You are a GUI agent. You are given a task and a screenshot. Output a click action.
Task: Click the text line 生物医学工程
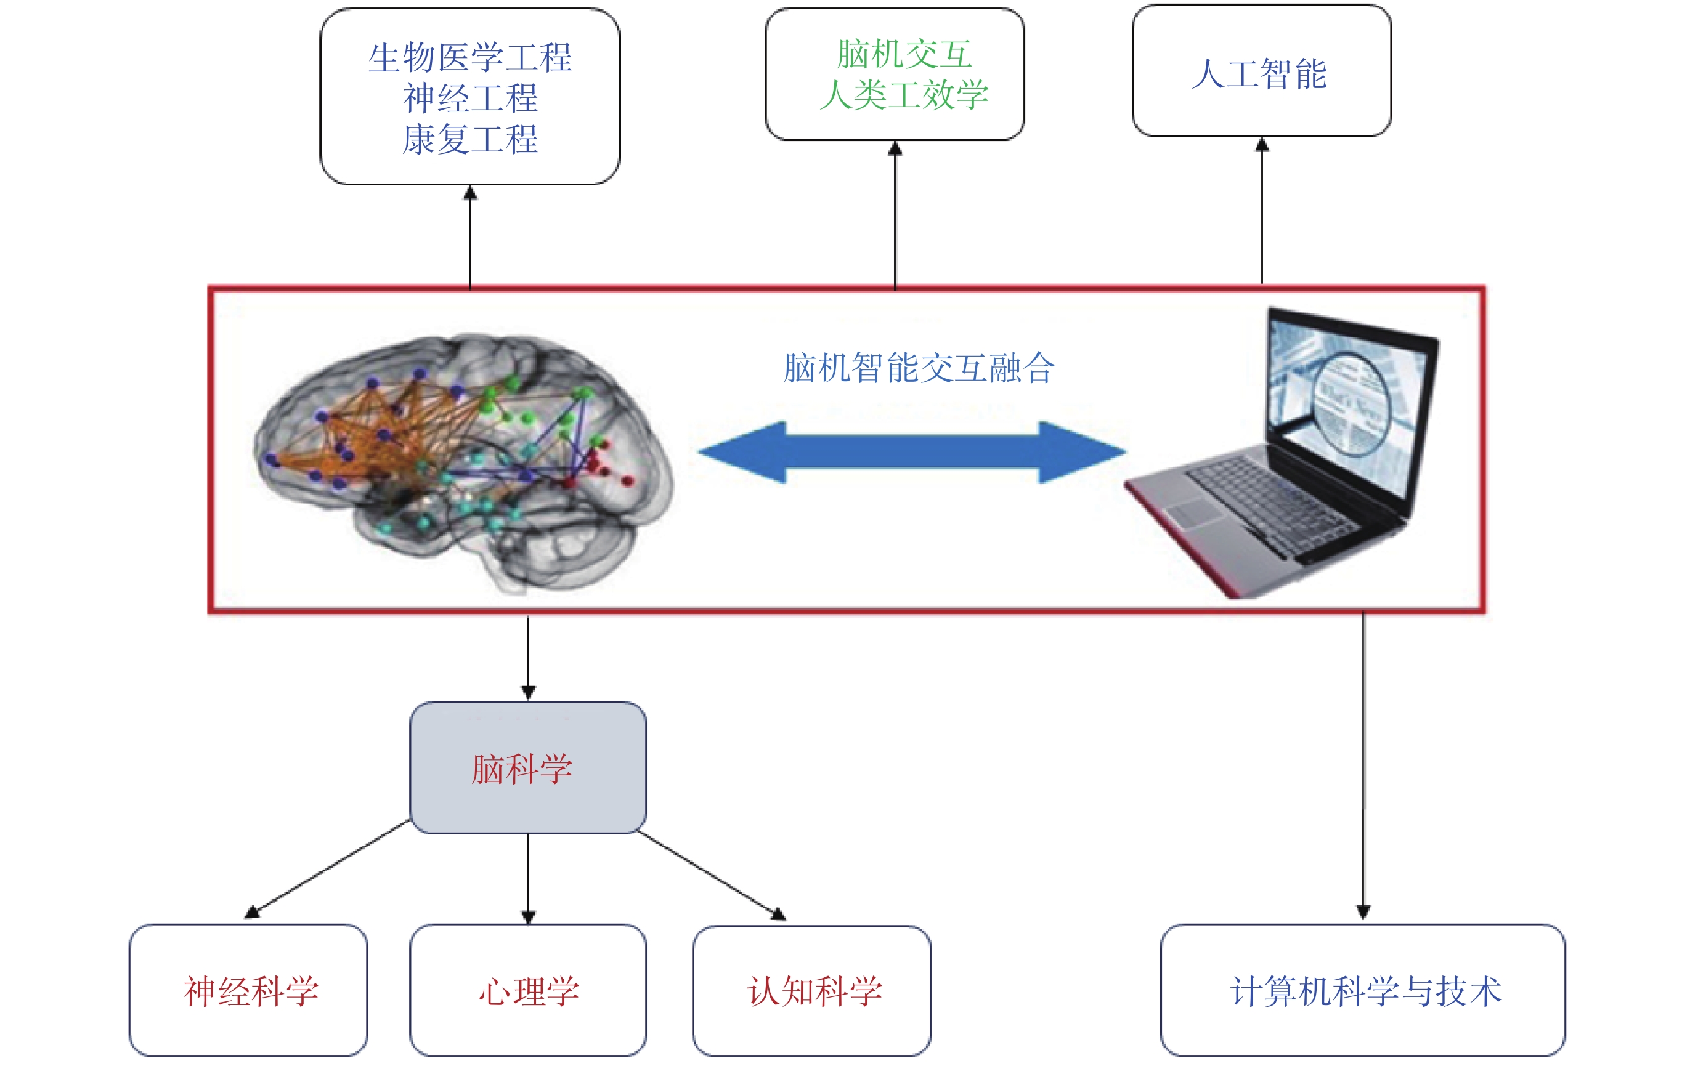(469, 57)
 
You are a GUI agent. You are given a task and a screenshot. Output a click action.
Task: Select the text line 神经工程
(470, 98)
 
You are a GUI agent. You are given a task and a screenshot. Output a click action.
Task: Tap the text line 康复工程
(470, 139)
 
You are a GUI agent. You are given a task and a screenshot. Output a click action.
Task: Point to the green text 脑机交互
(904, 54)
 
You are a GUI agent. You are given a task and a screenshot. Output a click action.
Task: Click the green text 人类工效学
(904, 94)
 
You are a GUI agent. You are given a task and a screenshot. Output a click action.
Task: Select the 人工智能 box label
(1259, 74)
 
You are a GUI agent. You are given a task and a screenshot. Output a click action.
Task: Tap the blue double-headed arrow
(912, 453)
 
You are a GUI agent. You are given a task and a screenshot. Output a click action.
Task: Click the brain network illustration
(463, 462)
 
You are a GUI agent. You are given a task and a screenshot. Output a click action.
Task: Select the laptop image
(1282, 453)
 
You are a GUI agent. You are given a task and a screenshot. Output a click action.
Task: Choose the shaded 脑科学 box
(528, 768)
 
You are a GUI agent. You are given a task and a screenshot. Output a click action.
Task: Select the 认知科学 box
(811, 991)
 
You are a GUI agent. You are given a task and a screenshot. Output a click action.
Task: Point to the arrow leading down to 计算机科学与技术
(1363, 766)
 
